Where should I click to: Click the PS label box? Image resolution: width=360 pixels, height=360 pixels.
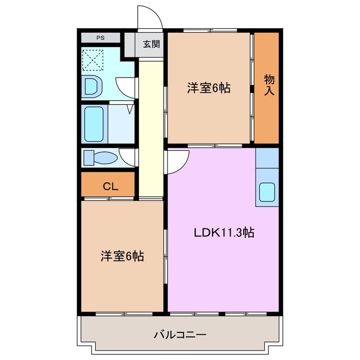click(100, 38)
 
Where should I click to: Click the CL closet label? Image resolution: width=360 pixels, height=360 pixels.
click(110, 186)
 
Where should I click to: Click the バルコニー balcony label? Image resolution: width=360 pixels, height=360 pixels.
click(180, 335)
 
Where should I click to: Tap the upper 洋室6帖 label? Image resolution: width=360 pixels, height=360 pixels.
click(209, 88)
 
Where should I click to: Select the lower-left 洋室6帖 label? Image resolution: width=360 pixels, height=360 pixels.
click(122, 256)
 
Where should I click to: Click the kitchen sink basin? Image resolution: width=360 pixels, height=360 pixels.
click(267, 193)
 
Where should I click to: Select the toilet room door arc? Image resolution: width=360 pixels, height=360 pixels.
click(128, 157)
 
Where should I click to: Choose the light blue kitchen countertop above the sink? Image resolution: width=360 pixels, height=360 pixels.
click(267, 158)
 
